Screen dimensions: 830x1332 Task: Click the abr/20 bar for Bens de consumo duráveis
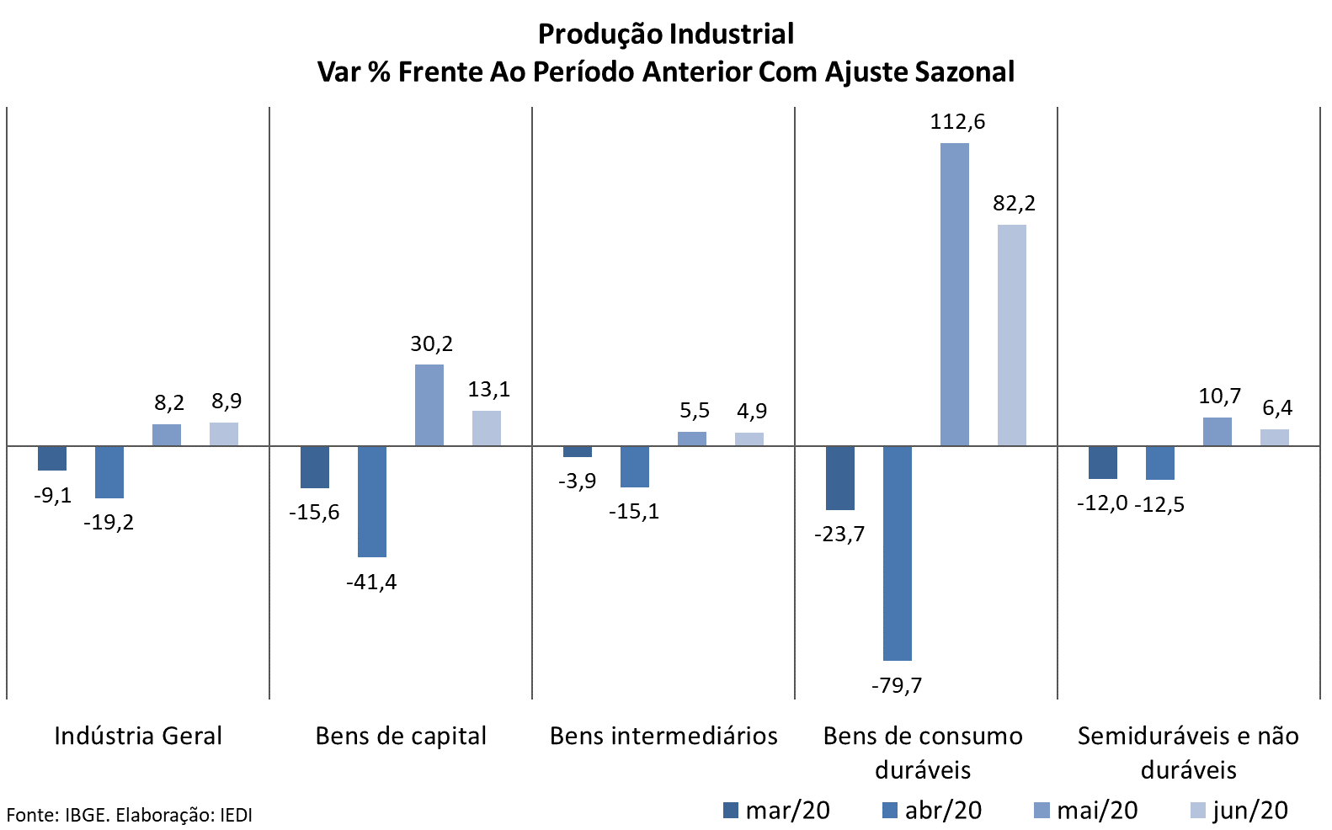898,553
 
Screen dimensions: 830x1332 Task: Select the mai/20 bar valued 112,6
955,295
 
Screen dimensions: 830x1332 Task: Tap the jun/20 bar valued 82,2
1012,335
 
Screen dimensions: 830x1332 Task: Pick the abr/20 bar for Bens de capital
372,502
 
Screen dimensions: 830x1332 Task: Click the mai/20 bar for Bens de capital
429,405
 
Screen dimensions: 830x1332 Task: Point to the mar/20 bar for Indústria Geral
52,459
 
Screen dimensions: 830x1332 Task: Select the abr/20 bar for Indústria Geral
109,472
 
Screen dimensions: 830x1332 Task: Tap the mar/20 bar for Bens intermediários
578,452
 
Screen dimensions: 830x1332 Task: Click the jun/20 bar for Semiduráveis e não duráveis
1275,438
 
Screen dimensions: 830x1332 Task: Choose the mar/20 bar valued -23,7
840,478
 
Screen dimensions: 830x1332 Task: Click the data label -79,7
897,685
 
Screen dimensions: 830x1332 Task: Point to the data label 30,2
431,343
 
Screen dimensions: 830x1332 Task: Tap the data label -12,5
1159,504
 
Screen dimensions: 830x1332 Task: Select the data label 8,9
226,402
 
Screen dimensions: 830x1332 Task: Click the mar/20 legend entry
776,811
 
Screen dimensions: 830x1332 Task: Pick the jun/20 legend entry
1239,811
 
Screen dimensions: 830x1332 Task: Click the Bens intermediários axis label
663,736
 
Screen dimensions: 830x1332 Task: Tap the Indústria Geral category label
138,736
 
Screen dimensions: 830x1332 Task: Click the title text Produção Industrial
666,34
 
